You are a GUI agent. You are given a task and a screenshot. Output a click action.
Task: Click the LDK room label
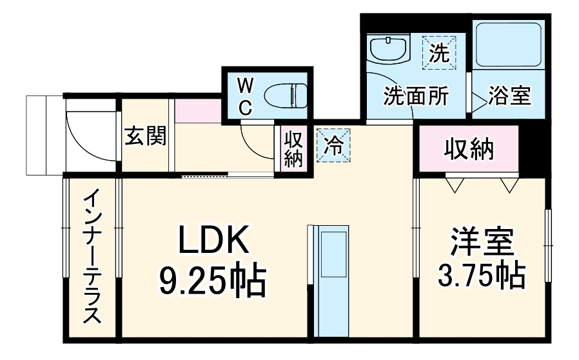click(213, 242)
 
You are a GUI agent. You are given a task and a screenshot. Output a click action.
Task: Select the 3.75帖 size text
click(482, 277)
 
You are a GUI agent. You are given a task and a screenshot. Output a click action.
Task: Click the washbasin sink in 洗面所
click(388, 48)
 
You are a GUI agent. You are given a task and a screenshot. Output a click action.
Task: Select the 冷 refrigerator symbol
click(333, 143)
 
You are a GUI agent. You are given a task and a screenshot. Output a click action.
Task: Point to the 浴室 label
click(509, 96)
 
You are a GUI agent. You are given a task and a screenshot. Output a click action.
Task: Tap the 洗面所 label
click(415, 96)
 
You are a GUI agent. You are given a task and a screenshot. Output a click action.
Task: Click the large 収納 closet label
click(469, 150)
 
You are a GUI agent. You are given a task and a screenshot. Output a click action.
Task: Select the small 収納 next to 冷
click(293, 149)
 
